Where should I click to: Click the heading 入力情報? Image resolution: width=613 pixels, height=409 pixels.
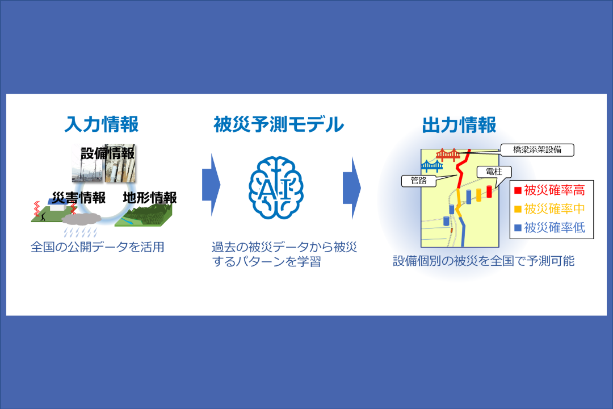(x=102, y=124)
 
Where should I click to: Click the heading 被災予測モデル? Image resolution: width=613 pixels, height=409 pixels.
(x=278, y=124)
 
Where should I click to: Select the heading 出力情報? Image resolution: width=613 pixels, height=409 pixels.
(x=459, y=125)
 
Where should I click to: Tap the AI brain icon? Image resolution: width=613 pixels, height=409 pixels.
(x=276, y=187)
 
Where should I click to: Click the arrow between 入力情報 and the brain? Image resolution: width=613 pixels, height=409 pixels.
(x=211, y=185)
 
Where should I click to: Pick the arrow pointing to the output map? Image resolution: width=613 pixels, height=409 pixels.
(x=352, y=187)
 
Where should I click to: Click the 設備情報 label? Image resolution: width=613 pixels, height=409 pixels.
(x=107, y=153)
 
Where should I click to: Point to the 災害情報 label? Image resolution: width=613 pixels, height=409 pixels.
(x=79, y=198)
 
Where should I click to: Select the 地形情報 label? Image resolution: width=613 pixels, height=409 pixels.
(x=150, y=198)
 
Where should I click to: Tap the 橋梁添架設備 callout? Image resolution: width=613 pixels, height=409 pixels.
(x=537, y=149)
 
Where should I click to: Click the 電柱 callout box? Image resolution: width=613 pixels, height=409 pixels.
(x=494, y=172)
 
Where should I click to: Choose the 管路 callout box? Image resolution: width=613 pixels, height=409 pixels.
(x=419, y=181)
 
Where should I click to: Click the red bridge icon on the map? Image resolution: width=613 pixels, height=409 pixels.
(x=448, y=155)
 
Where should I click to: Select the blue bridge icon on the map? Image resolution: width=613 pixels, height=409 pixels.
(x=432, y=166)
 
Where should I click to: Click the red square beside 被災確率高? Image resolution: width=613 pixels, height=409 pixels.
(x=518, y=191)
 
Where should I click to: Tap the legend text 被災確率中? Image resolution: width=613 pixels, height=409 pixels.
(x=555, y=208)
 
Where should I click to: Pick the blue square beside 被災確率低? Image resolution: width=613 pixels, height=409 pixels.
(x=518, y=227)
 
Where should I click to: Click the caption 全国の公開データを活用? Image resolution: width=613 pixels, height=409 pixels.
(x=98, y=247)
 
